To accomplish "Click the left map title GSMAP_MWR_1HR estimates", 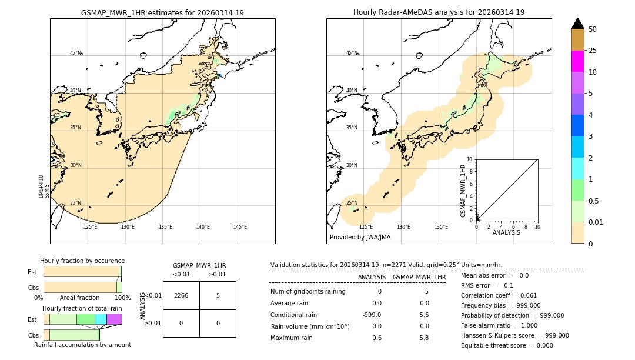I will [x=162, y=12].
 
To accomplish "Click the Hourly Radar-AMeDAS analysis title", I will [x=439, y=12].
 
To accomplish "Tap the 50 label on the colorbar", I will [x=593, y=29].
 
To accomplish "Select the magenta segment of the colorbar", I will [x=577, y=61].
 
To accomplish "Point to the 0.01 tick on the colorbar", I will [x=596, y=222].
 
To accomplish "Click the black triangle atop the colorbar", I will [x=577, y=24].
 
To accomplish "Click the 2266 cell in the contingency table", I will [x=181, y=295].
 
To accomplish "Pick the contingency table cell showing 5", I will [x=218, y=295].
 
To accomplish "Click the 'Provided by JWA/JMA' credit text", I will [x=360, y=238].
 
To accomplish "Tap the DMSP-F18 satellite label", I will [x=41, y=186].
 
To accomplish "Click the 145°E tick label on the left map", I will [x=240, y=227].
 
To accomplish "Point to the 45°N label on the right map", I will [x=352, y=53].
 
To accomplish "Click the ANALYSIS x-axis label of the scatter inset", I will [x=506, y=232].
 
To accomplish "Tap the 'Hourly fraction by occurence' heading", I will [x=82, y=261].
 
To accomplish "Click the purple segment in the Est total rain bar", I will [x=114, y=319].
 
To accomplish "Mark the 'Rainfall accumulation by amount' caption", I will [x=82, y=345].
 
